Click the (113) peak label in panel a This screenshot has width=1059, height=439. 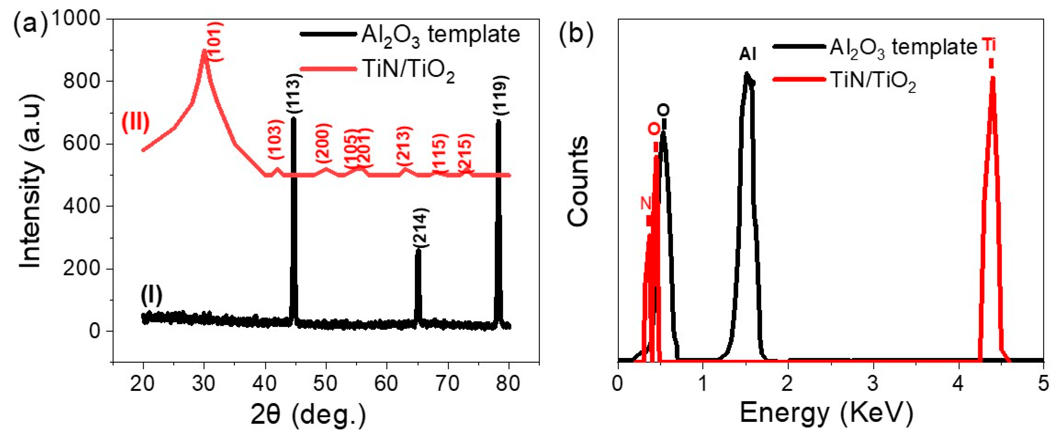tap(294, 94)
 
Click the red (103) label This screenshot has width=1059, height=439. tap(276, 140)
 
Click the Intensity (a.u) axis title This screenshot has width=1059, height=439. tap(31, 181)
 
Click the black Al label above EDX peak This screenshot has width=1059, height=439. tap(747, 54)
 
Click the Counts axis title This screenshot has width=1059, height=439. tap(578, 181)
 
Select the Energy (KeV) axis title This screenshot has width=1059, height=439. tap(826, 413)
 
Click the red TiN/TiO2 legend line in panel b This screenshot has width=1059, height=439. tap(800, 79)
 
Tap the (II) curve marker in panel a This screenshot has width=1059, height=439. tap(135, 123)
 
